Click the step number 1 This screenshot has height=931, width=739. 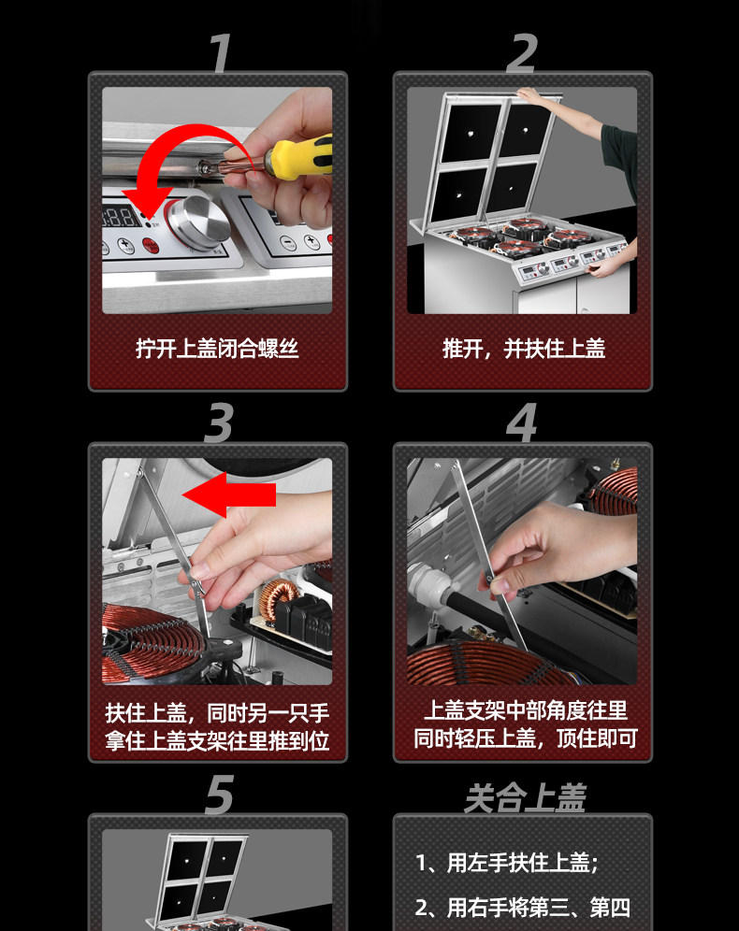click(x=221, y=53)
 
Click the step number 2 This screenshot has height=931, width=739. click(x=523, y=53)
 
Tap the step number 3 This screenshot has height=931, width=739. click(x=219, y=423)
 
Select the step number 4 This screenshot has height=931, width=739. click(x=522, y=423)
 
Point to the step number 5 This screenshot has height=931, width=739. click(x=219, y=794)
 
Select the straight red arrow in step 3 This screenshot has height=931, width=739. click(x=229, y=494)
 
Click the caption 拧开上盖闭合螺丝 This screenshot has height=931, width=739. click(x=217, y=349)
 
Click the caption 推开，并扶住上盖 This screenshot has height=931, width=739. click(x=523, y=349)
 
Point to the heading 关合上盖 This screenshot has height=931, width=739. click(x=525, y=797)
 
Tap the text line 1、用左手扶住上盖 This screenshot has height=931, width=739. click(x=506, y=863)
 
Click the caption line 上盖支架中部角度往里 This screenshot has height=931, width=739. click(x=526, y=710)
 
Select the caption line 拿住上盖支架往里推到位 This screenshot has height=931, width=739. click(x=217, y=740)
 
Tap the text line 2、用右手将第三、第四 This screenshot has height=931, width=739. click(x=522, y=908)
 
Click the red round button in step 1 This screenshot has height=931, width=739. click(x=151, y=245)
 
